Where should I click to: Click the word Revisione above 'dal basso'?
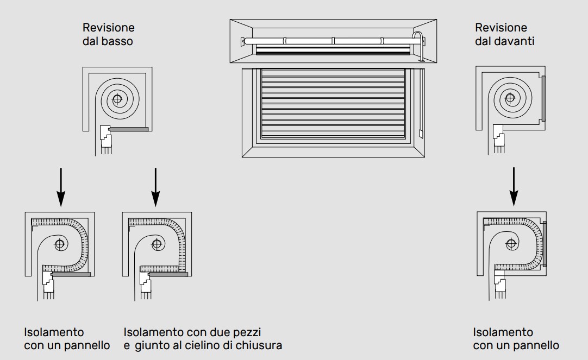pos(108,27)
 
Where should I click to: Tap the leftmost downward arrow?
pos(61,187)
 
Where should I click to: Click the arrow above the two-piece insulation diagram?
pos(155,187)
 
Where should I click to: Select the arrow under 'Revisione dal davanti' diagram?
pos(514,187)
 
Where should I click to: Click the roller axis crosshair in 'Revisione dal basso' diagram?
pos(117,99)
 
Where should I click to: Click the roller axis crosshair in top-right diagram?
pos(510,98)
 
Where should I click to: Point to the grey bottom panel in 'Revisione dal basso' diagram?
pos(129,129)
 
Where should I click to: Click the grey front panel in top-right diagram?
pos(543,98)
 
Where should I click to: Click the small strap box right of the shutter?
pos(421,134)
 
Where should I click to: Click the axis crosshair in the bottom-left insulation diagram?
pos(60,245)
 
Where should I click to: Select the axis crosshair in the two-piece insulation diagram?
pos(157,245)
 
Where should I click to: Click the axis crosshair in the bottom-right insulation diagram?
pos(511,244)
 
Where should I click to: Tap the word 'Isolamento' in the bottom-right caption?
pos(503,333)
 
